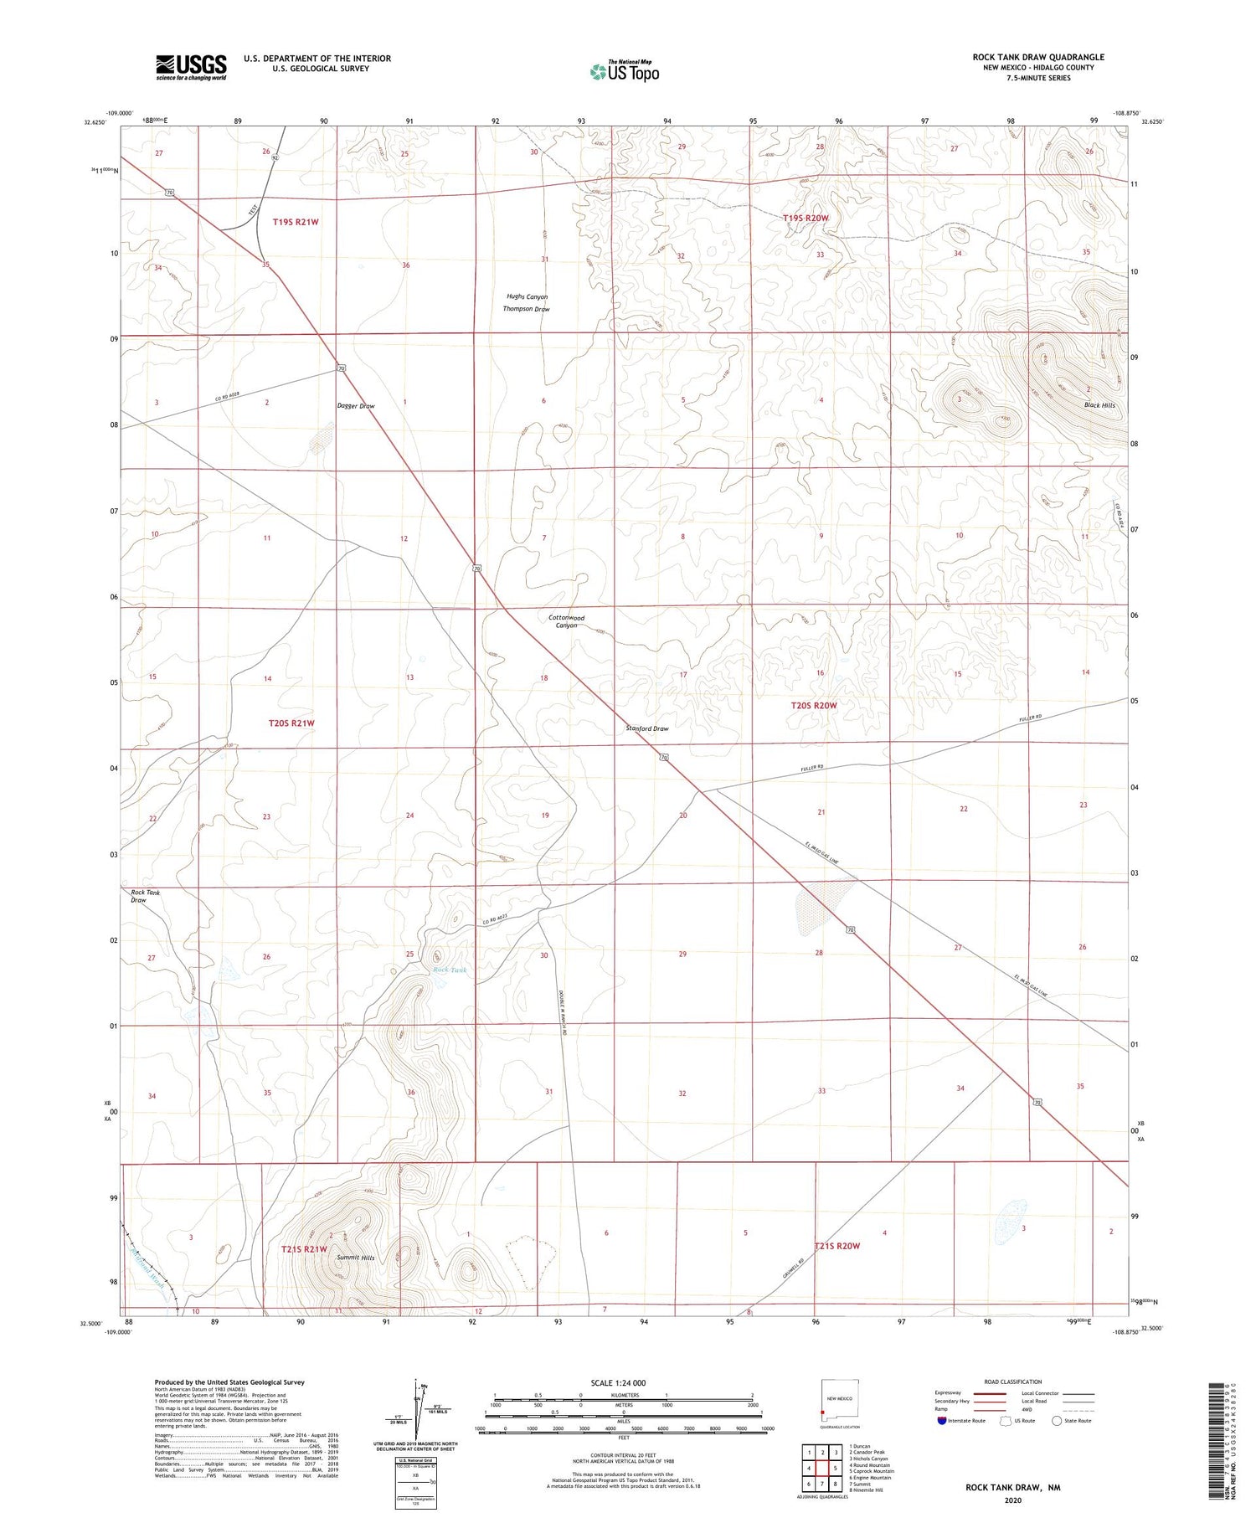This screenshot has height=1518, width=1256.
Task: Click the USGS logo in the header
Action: [191, 67]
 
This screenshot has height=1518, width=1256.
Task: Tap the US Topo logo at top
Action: [624, 71]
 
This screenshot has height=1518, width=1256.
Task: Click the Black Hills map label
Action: [1099, 405]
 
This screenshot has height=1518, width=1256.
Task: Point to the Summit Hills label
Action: [356, 1258]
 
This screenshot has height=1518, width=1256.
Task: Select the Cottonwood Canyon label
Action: [566, 621]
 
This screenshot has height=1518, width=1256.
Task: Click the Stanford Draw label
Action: [647, 728]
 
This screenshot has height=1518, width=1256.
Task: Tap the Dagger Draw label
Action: [355, 406]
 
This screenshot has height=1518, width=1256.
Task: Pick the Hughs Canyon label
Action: [527, 297]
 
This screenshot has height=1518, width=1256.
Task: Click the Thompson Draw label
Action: [526, 310]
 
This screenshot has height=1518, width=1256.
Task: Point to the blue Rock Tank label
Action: [450, 970]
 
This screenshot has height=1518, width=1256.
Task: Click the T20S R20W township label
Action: [814, 706]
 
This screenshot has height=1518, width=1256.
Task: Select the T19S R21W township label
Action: [296, 222]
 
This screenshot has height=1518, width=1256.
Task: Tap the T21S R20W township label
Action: [836, 1246]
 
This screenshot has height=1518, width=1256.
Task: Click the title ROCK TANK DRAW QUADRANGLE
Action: [1037, 57]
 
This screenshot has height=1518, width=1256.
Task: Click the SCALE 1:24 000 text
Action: [623, 1383]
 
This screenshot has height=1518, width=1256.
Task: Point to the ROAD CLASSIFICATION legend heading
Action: [1013, 1382]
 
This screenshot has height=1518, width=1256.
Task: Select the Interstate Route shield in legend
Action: [942, 1420]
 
